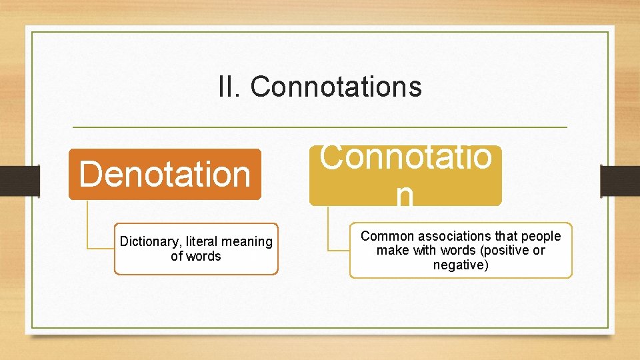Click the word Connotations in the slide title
point(336,87)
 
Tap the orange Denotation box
point(165,174)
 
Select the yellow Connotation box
point(405,175)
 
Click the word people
point(540,236)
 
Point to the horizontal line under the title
point(319,127)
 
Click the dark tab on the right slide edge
point(620,181)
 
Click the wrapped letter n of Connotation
point(404,196)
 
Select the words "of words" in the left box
point(195,256)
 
